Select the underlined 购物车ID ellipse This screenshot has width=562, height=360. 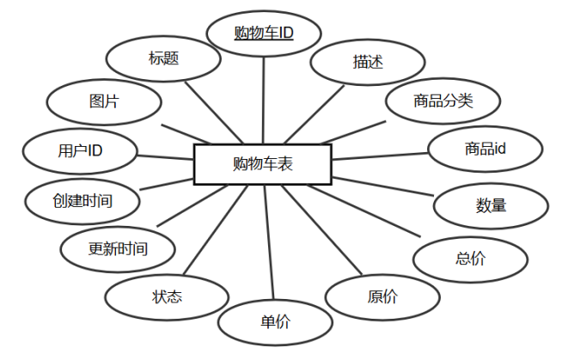pos(264,34)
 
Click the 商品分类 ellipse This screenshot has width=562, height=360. pos(442,101)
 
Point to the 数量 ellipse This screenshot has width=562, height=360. pos(491,205)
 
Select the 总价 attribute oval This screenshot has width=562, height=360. pos(470,258)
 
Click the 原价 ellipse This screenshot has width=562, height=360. pos(382,297)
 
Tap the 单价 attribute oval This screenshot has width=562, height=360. pos(275,322)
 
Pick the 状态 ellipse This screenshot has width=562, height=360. pos(167,297)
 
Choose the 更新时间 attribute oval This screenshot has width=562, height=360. pos(118,249)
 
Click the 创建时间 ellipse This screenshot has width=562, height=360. pos(82,200)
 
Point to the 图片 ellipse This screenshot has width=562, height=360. pos(104,101)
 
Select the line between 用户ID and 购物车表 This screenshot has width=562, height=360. pos(165,157)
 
